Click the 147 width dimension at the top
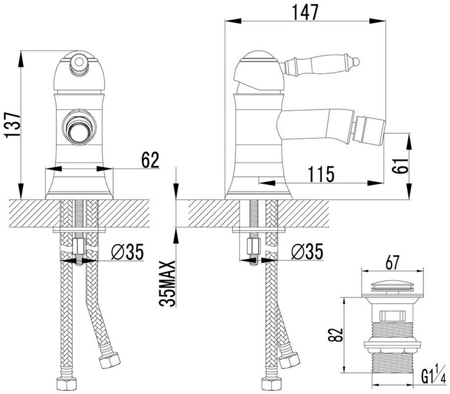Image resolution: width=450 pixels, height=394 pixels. (305, 12)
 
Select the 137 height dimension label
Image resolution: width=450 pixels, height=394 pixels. (13, 125)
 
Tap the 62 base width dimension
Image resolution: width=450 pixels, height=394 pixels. (150, 160)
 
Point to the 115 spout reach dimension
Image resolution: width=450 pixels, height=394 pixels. (321, 174)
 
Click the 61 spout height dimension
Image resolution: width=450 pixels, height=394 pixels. (400, 165)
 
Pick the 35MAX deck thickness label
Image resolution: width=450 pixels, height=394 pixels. (167, 283)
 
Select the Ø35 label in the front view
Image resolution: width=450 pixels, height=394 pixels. (127, 252)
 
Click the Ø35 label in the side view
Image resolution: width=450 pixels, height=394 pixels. (307, 252)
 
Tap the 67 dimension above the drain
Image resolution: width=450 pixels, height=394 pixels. (392, 262)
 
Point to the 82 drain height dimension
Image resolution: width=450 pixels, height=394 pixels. (335, 334)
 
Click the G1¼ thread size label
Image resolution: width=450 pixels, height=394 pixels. (434, 375)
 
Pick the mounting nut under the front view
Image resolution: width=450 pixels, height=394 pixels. (79, 246)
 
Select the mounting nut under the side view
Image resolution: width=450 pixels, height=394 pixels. (254, 246)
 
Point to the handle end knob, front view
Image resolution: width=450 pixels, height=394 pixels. (78, 62)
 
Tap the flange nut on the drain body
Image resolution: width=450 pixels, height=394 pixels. (392, 346)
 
